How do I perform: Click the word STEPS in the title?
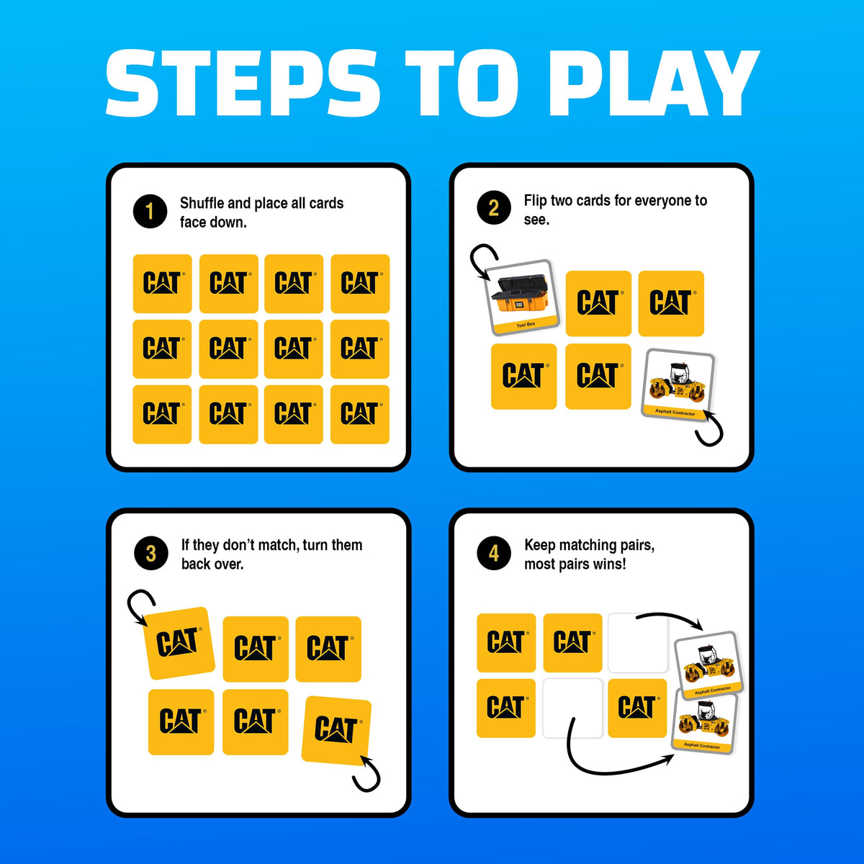pyautogui.click(x=243, y=83)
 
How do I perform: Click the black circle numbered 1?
pyautogui.click(x=150, y=211)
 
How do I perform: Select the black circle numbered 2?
pyautogui.click(x=494, y=208)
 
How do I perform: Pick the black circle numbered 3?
pyautogui.click(x=151, y=553)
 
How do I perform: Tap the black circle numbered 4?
pyautogui.click(x=494, y=553)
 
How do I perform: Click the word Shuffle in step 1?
pyautogui.click(x=202, y=203)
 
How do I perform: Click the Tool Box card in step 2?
pyautogui.click(x=522, y=297)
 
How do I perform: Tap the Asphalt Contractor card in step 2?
pyautogui.click(x=678, y=385)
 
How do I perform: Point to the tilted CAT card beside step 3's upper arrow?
pyautogui.click(x=179, y=643)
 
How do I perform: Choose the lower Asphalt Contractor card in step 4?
pyautogui.click(x=704, y=724)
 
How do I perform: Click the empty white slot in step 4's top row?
pyautogui.click(x=637, y=642)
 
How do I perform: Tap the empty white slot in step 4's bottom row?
pyautogui.click(x=572, y=708)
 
